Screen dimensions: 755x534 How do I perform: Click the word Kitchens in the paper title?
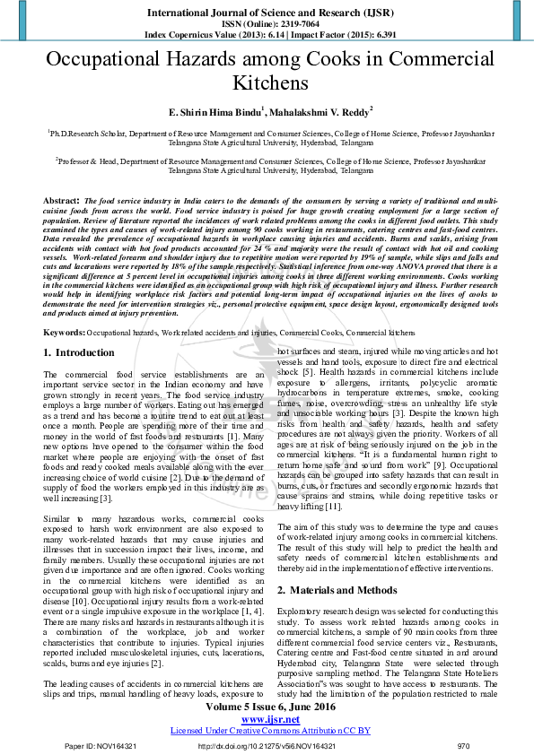267,83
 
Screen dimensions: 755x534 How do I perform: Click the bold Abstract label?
62,200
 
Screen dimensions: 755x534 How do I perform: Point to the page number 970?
463,746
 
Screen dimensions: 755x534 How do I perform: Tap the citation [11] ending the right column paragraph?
332,507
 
